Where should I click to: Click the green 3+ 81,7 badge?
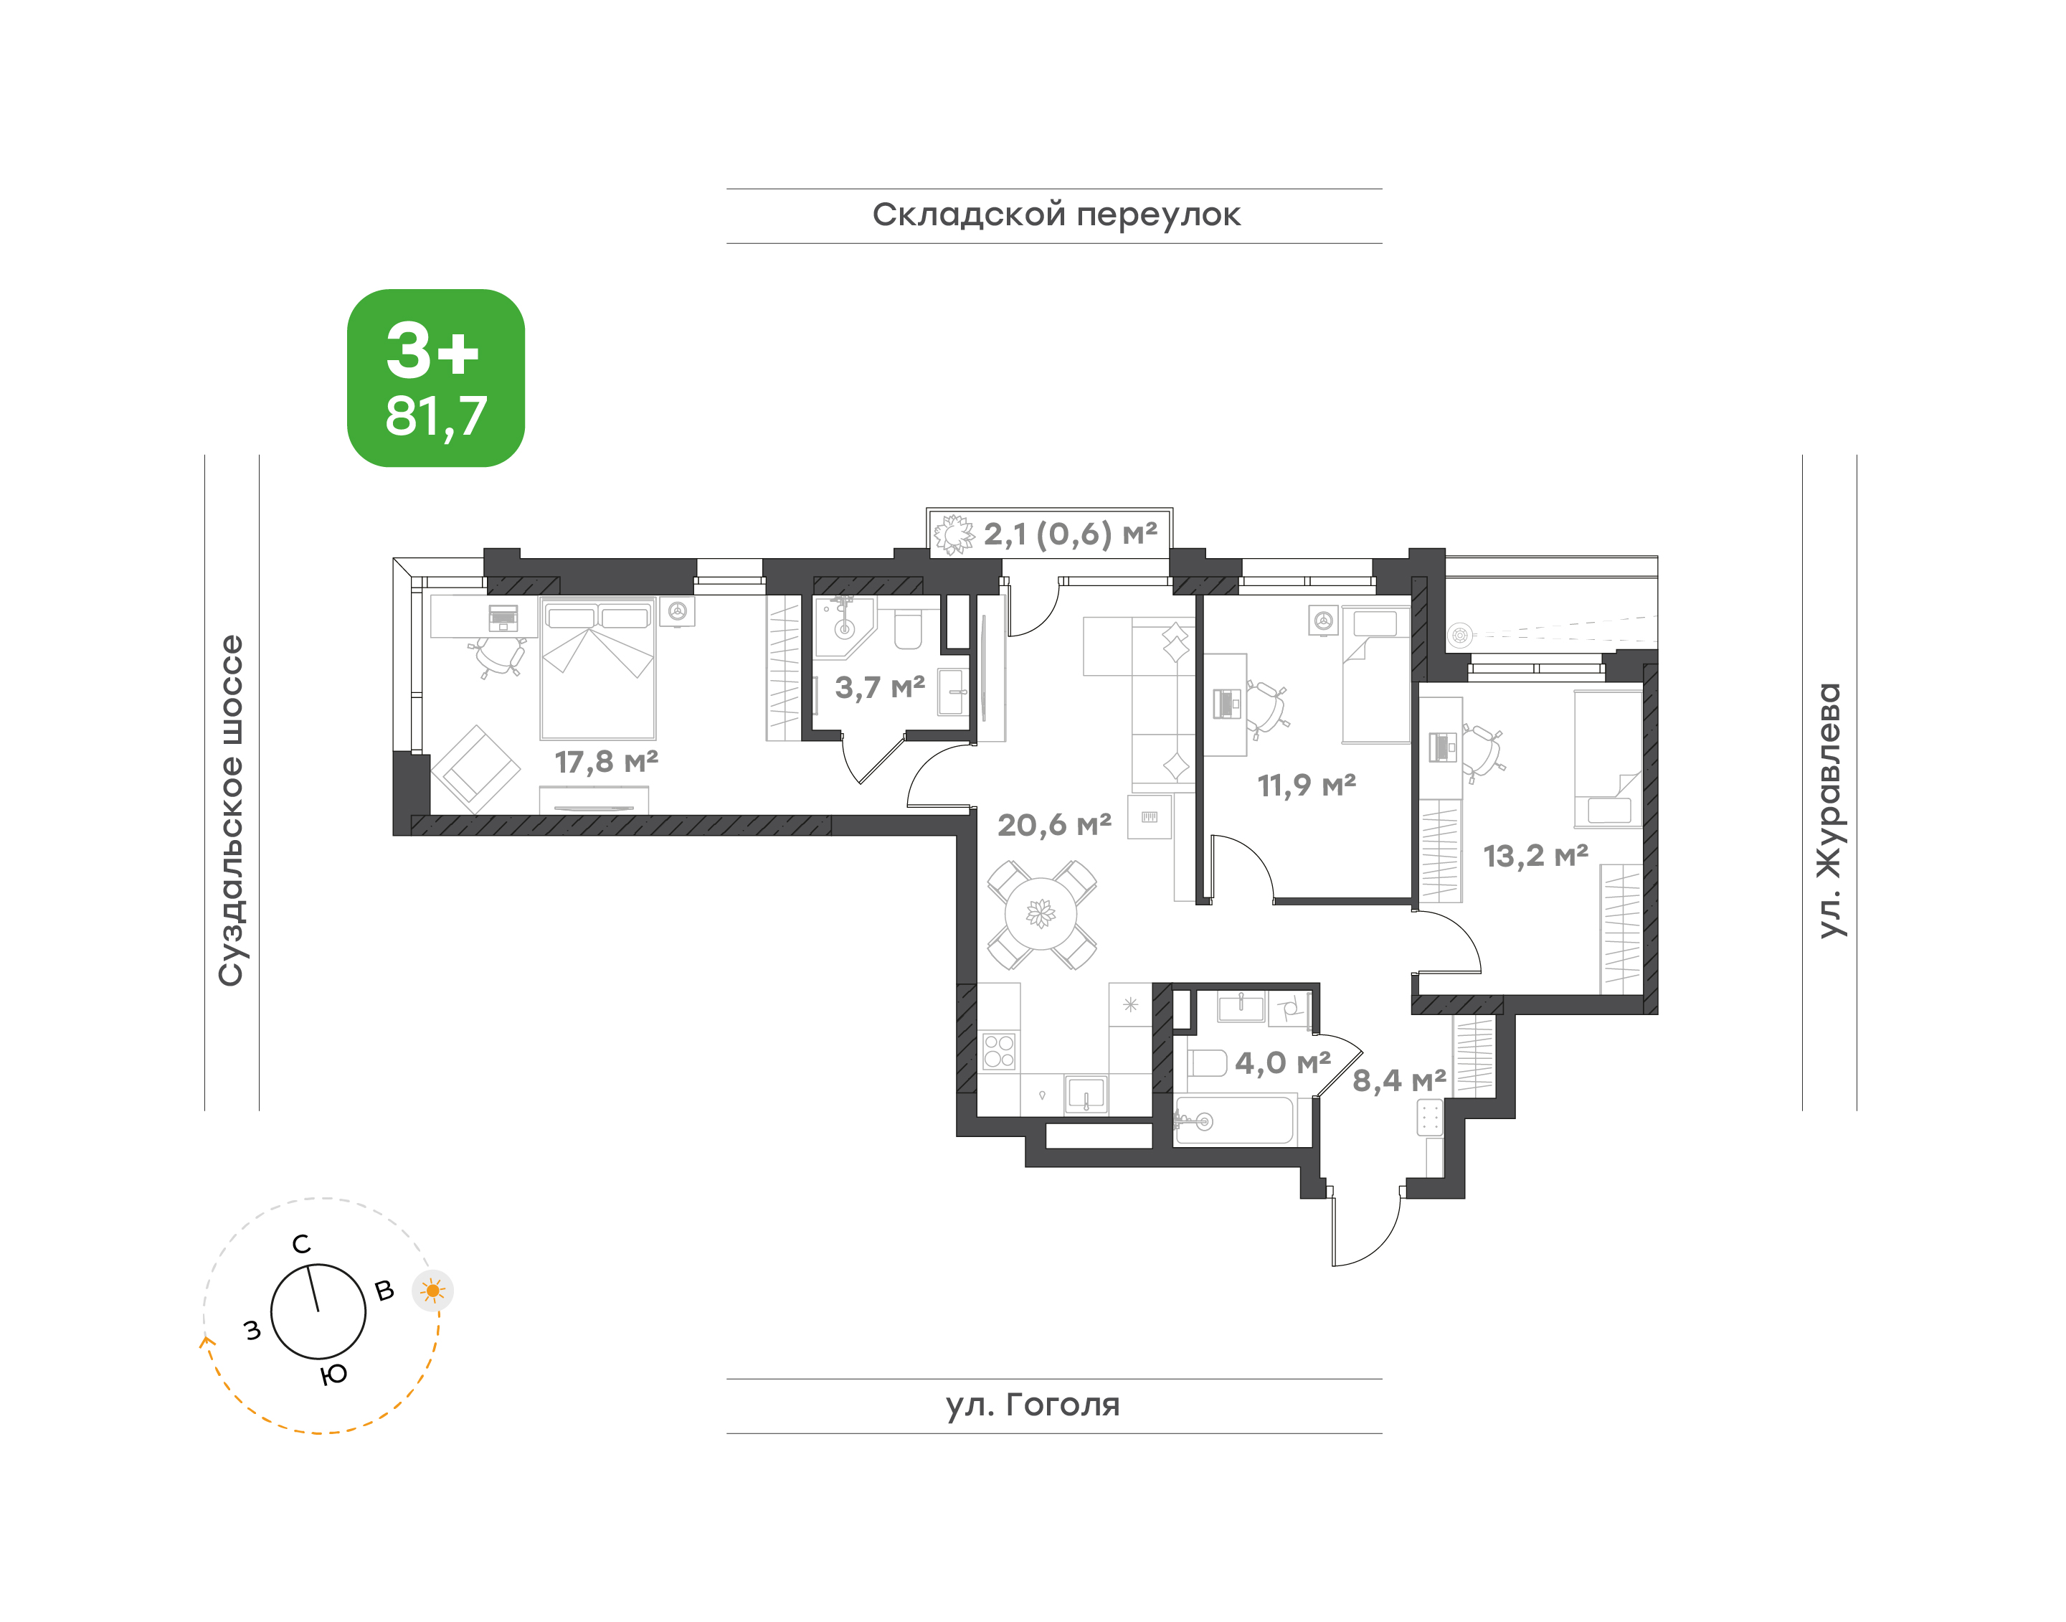(436, 378)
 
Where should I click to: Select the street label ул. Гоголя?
(1033, 1405)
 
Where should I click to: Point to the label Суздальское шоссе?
(232, 811)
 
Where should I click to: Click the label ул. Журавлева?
(1828, 810)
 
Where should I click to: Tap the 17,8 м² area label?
(606, 762)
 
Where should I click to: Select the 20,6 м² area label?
(1054, 825)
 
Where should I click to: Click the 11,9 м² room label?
(1307, 786)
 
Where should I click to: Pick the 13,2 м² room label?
(1535, 857)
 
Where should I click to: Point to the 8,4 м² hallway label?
(1398, 1080)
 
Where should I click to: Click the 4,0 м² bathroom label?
(1283, 1062)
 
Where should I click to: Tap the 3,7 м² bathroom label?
(879, 687)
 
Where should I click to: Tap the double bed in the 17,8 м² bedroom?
(598, 668)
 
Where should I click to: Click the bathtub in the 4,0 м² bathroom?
(1233, 1121)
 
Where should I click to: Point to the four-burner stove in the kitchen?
(999, 1051)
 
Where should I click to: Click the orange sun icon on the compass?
(433, 1291)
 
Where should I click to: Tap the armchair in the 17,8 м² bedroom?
(475, 769)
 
